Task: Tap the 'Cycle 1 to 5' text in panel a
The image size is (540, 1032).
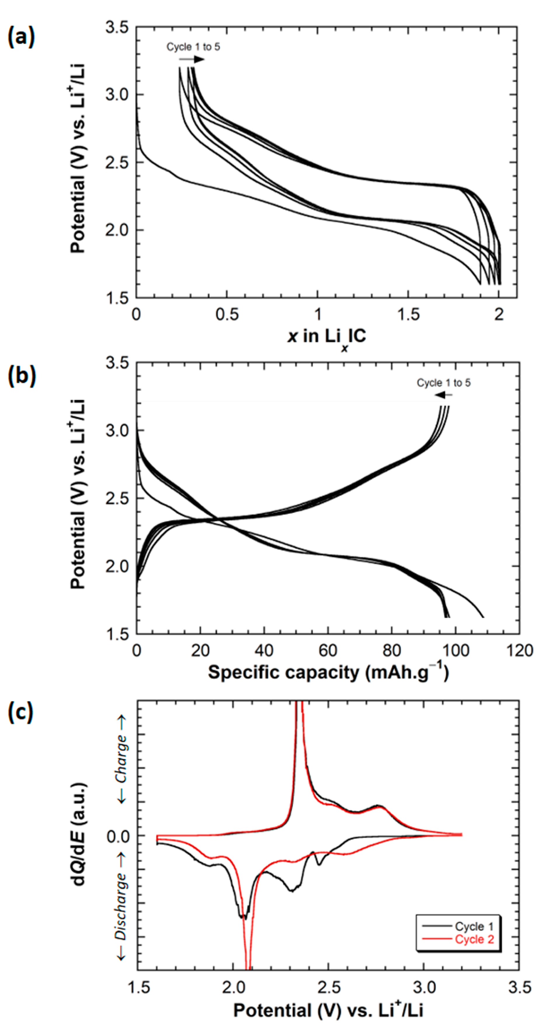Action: point(193,47)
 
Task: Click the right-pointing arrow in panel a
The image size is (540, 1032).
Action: point(191,60)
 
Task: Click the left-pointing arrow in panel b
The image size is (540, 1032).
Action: point(443,395)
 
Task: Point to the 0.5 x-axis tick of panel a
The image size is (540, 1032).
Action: point(227,314)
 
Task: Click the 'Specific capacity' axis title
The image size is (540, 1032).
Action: point(328,673)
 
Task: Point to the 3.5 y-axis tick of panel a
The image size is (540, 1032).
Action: point(117,27)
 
